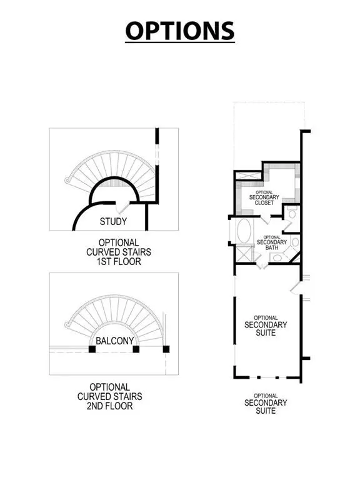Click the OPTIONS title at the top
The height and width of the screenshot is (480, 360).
pos(180,31)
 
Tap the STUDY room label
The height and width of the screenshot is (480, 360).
pos(113,221)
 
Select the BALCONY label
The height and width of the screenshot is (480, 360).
pos(113,341)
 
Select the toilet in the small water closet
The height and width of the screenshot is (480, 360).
pos(292,214)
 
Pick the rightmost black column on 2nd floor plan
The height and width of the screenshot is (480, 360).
pos(166,349)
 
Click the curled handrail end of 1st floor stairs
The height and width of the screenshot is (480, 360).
pos(67,181)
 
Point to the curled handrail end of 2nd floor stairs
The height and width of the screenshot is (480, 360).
pos(67,324)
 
